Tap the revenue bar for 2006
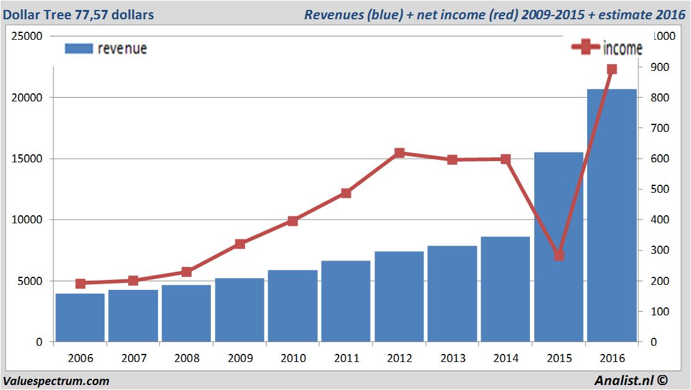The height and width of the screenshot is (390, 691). point(80,317)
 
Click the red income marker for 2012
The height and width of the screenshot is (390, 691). point(399,153)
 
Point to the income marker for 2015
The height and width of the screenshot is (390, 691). point(559,255)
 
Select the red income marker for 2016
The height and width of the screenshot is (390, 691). point(612,69)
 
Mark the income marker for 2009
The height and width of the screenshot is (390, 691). point(240,244)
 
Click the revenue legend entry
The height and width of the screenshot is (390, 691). point(106,49)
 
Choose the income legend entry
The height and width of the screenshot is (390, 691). point(607,48)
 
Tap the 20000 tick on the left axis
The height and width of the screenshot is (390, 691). point(29,98)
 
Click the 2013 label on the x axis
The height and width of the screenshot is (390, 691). point(452,359)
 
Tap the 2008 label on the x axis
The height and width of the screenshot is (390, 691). point(187,359)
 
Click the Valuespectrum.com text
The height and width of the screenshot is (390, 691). point(56,381)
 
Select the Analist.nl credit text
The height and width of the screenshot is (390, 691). point(631,380)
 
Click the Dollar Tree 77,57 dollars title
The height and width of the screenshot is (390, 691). point(78,14)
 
